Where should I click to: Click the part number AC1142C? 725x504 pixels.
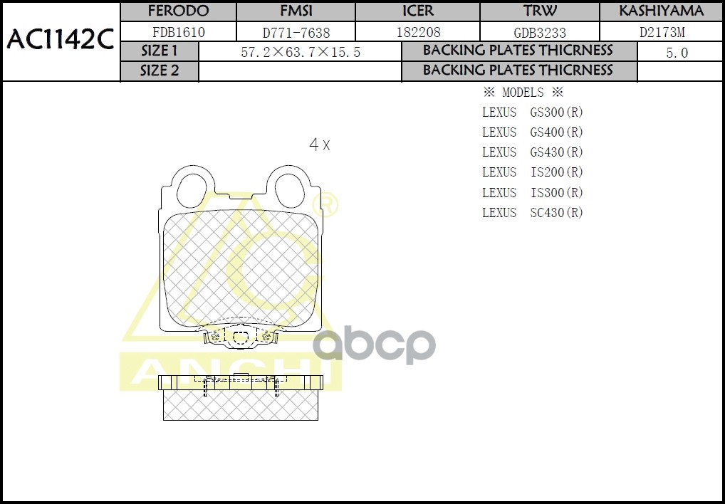pyautogui.click(x=61, y=40)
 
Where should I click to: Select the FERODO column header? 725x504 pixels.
pyautogui.click(x=178, y=11)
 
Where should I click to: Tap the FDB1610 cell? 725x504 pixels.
pyautogui.click(x=178, y=32)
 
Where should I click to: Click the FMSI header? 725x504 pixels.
pyautogui.click(x=296, y=11)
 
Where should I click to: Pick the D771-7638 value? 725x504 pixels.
pyautogui.click(x=296, y=33)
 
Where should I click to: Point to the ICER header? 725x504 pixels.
pyautogui.click(x=417, y=11)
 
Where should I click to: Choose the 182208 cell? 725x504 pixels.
pyautogui.click(x=417, y=33)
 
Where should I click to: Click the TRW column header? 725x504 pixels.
pyautogui.click(x=540, y=11)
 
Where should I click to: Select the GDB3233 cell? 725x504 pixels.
pyautogui.click(x=540, y=33)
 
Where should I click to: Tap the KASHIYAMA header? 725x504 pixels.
pyautogui.click(x=661, y=11)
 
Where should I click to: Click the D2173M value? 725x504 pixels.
pyautogui.click(x=662, y=33)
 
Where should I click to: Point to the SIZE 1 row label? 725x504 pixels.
pyautogui.click(x=160, y=51)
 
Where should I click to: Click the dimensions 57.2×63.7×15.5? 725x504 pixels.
pyautogui.click(x=300, y=53)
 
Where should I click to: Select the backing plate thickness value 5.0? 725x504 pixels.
pyautogui.click(x=677, y=53)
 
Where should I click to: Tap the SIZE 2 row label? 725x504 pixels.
pyautogui.click(x=160, y=71)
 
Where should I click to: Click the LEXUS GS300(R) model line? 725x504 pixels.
pyautogui.click(x=532, y=112)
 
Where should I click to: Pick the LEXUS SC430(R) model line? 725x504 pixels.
pyautogui.click(x=532, y=213)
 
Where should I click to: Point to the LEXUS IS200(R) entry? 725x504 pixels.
pyautogui.click(x=532, y=172)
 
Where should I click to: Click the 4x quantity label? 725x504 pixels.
pyautogui.click(x=319, y=145)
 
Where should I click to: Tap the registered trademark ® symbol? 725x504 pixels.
pyautogui.click(x=330, y=206)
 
